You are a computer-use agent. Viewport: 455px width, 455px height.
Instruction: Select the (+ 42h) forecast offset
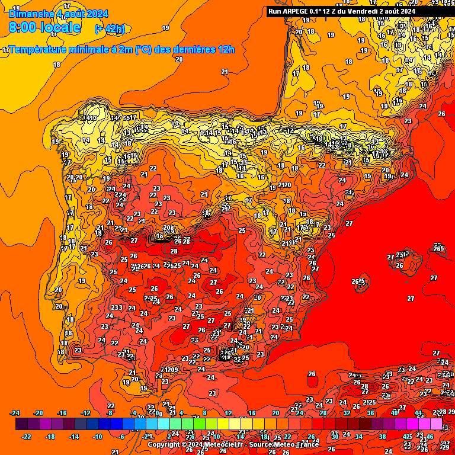point(110,28)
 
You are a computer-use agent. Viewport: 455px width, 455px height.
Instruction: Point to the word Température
point(40,50)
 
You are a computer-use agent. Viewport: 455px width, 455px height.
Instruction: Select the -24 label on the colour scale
point(16,414)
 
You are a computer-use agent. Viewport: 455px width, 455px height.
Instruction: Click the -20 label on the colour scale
point(39,414)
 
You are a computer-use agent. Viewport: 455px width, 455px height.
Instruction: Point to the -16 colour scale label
point(62,414)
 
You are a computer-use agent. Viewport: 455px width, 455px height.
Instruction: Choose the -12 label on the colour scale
point(86,414)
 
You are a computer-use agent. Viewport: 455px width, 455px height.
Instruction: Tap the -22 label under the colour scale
point(27,437)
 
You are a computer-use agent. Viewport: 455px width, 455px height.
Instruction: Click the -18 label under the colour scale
point(51,437)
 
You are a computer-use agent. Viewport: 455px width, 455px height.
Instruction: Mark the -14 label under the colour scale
point(75,437)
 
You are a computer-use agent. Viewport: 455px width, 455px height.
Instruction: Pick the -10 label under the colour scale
point(98,437)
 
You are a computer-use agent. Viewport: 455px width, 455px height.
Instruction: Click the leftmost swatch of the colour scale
point(21,424)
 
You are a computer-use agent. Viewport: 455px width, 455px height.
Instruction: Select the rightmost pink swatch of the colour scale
point(436,424)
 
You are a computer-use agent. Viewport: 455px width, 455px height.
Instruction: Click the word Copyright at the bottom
point(165,445)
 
